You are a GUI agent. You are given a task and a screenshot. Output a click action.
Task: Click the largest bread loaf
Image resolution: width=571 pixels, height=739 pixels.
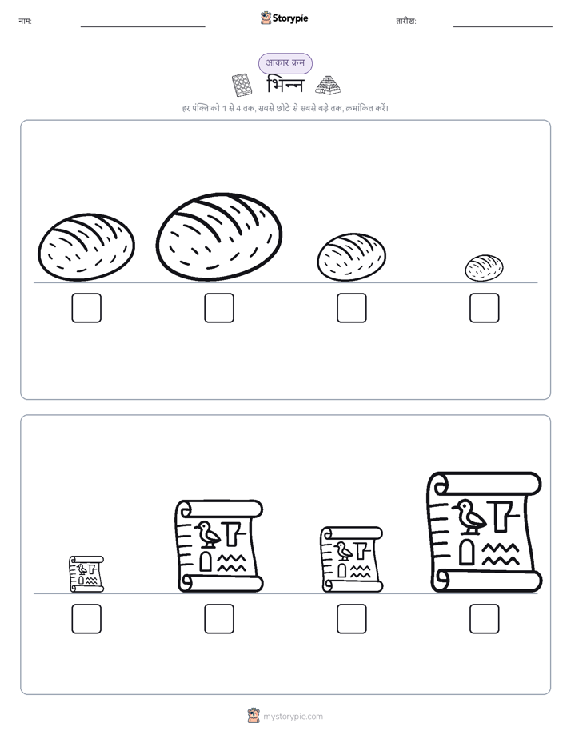[219, 236]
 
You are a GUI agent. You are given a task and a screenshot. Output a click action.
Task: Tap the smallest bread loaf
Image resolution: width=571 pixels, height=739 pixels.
[484, 268]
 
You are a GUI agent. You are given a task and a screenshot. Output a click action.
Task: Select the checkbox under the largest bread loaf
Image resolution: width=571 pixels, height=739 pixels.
[219, 308]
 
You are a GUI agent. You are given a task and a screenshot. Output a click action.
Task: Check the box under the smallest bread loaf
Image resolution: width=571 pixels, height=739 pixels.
[485, 308]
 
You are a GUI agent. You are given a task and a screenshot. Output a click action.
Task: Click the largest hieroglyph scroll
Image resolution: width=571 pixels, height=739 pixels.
[485, 532]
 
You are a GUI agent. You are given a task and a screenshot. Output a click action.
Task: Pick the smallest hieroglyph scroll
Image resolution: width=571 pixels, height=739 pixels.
[86, 573]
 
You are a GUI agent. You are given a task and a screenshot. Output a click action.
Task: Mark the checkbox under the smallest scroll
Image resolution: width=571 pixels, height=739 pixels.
[86, 619]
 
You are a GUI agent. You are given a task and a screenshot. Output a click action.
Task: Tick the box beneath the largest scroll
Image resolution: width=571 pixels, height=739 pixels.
[485, 619]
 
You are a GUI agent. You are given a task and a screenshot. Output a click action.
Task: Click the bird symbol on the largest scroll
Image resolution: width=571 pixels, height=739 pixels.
[469, 517]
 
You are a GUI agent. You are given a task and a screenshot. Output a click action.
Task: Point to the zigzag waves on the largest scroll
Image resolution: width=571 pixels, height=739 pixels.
[501, 554]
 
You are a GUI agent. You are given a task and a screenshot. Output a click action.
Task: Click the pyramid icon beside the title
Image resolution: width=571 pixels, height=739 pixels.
[328, 85]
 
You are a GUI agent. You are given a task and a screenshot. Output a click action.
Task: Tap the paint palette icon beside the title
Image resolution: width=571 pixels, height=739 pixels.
[242, 85]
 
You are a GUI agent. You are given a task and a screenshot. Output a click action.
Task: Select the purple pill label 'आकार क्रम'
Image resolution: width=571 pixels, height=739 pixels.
[285, 63]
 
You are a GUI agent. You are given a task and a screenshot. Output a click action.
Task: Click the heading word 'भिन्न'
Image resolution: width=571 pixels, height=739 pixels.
[285, 85]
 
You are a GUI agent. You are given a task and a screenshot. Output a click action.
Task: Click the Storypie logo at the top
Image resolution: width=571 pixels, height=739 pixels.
[284, 18]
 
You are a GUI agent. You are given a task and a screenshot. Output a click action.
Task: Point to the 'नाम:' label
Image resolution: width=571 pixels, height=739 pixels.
[25, 22]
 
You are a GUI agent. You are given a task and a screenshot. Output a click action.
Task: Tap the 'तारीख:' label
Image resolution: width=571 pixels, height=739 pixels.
[406, 22]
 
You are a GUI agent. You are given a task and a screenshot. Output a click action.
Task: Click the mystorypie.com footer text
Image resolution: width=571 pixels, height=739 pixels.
[293, 717]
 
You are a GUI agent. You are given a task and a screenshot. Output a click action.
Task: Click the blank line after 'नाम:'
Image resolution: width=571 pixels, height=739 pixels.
[142, 27]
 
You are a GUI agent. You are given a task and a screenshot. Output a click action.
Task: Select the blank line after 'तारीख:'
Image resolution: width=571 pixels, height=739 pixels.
[503, 27]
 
